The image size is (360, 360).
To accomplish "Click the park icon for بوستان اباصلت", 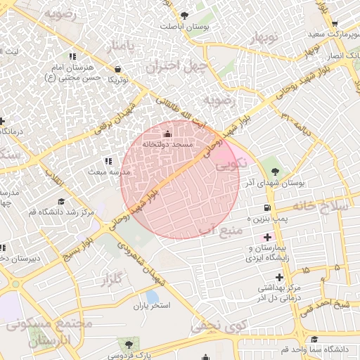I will point(184,15).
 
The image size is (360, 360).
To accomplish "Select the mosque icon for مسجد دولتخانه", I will point(167,134).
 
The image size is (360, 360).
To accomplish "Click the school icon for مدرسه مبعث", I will point(108,161).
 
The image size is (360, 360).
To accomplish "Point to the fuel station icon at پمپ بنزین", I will point(266,207).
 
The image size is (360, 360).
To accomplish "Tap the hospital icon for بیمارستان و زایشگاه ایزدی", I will point(267,238).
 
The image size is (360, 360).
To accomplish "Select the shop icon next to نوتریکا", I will point(117,69).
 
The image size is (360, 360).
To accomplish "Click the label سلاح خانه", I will point(323,206).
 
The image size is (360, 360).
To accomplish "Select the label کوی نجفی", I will point(210,324).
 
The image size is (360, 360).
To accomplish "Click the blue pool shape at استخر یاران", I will point(151,297).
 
